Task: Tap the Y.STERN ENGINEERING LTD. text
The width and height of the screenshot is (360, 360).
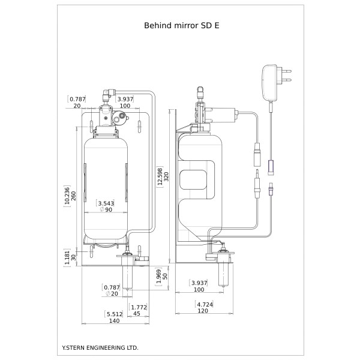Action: [100, 347]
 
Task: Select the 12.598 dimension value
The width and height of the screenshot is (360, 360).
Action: [159, 177]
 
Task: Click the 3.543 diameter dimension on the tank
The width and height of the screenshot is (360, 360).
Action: [106, 203]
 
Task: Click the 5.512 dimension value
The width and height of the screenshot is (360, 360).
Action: [113, 313]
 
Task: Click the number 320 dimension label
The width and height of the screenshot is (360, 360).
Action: [166, 177]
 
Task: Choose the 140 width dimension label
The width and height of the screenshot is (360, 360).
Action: [113, 320]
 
